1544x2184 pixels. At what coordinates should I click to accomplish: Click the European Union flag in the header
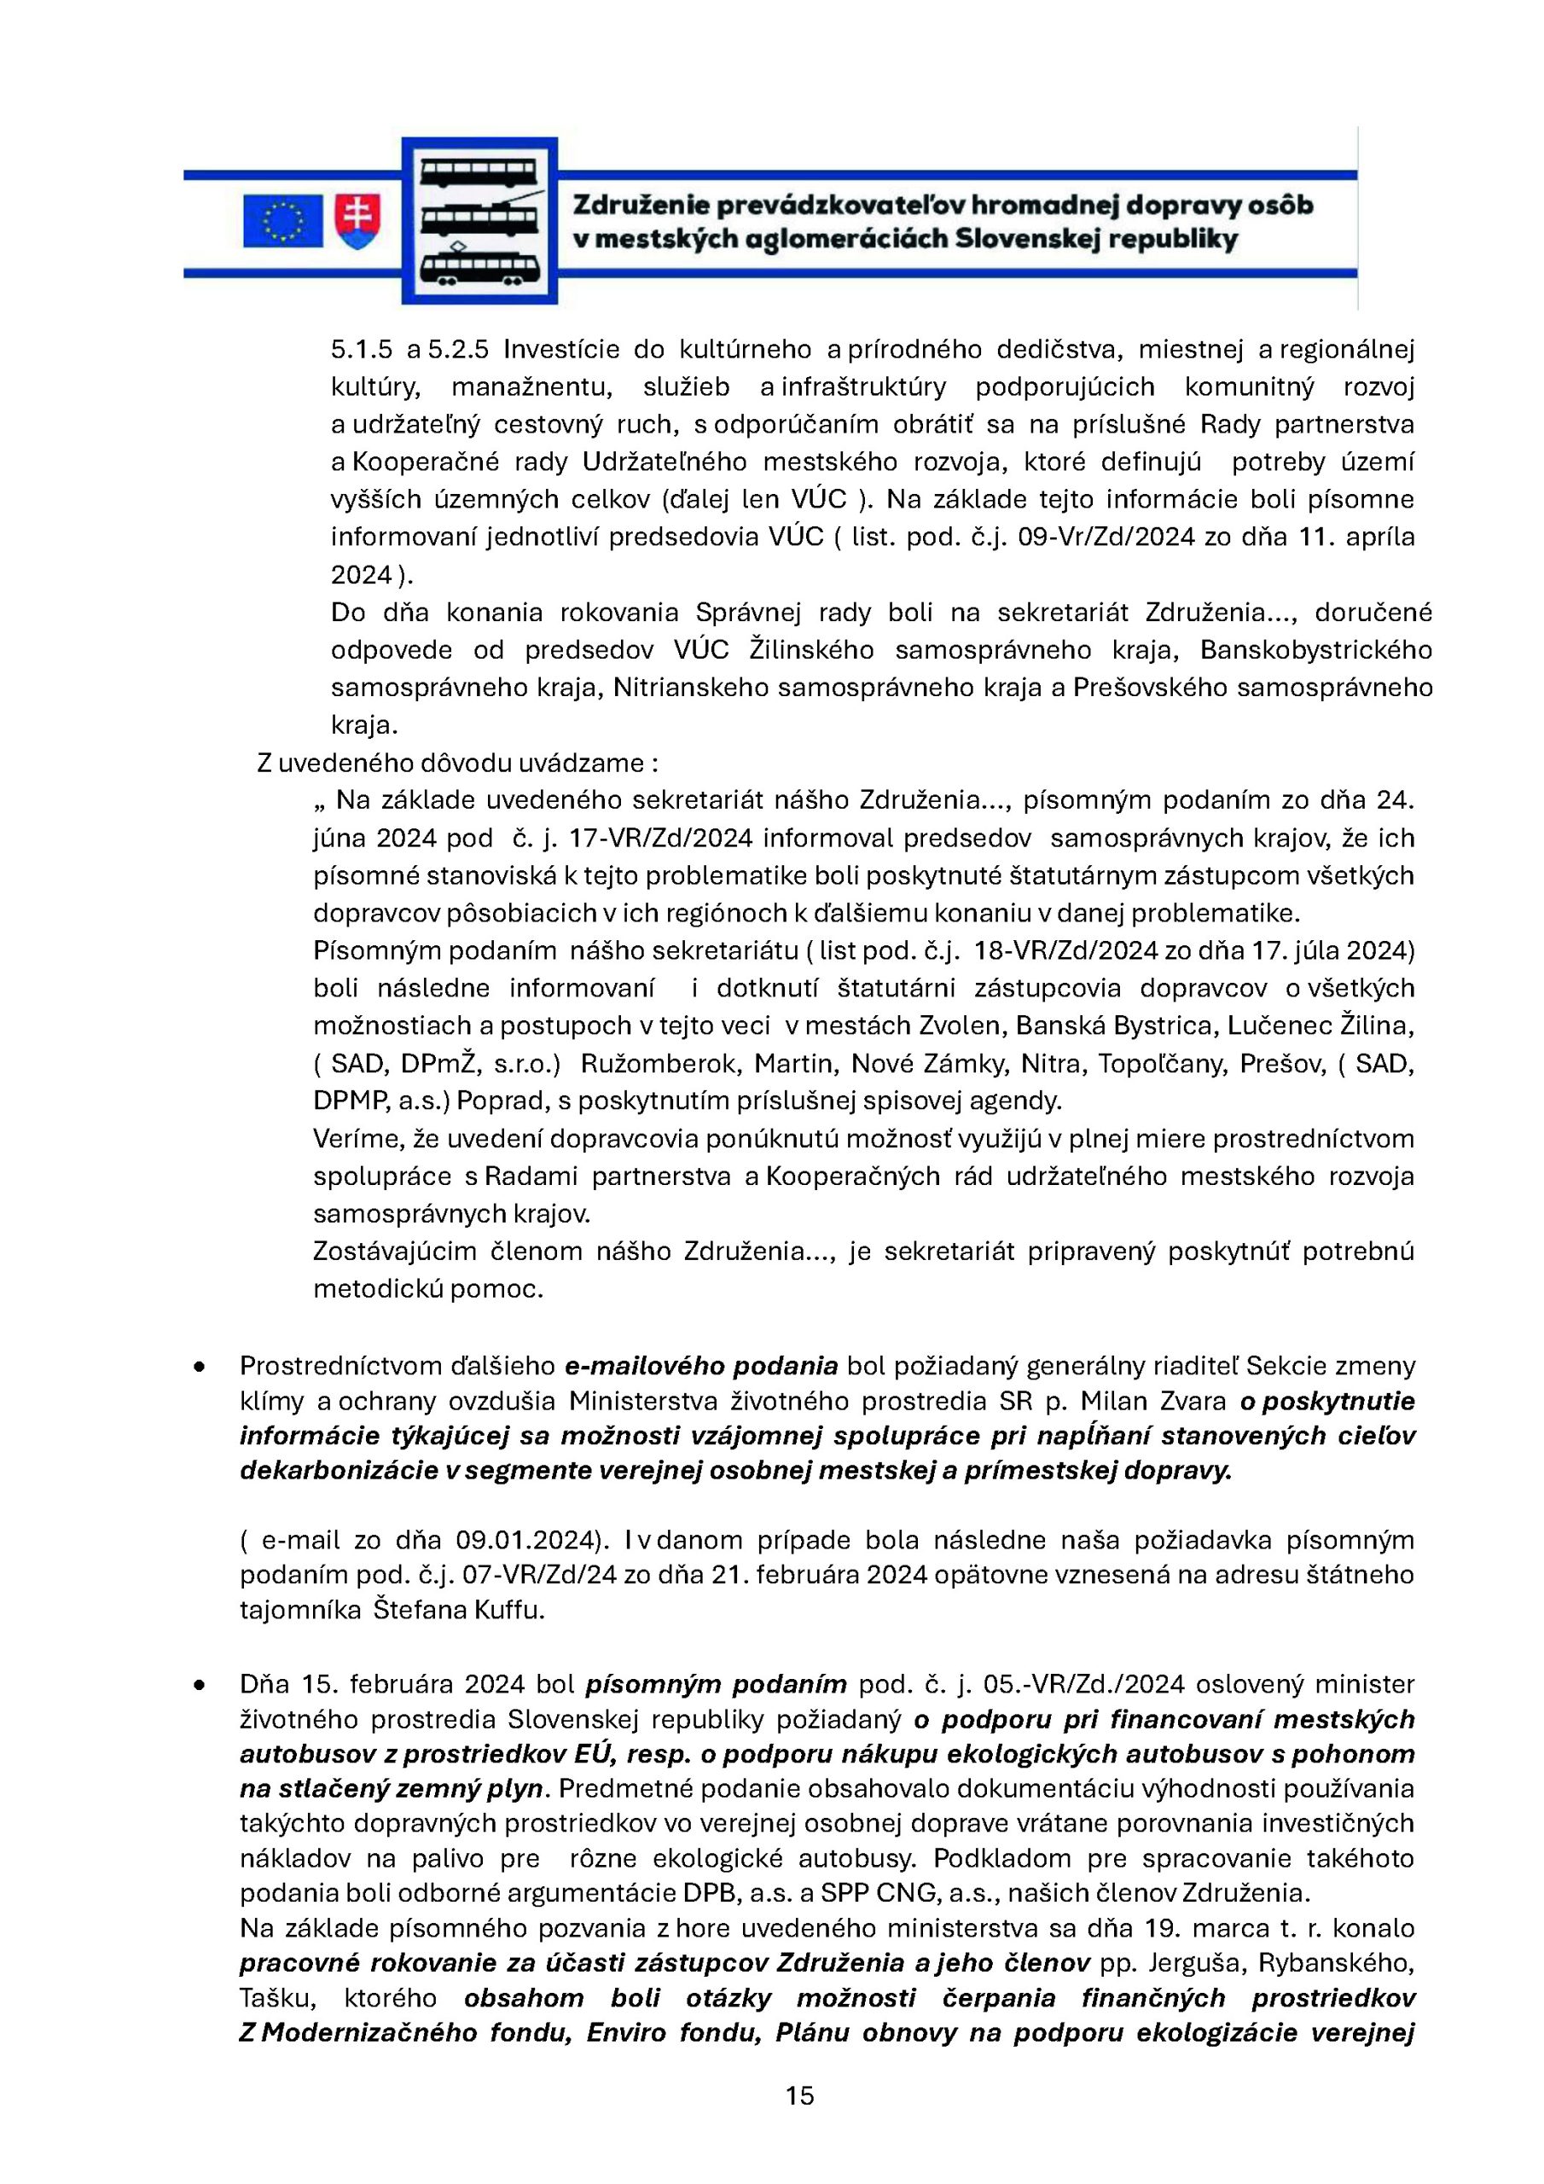(282, 221)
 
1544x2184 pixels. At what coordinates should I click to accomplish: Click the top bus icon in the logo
(479, 173)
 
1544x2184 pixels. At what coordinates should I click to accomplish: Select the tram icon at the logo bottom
(479, 267)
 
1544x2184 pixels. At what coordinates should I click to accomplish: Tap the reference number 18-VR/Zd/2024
(1072, 950)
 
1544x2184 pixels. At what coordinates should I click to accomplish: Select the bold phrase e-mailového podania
(701, 1366)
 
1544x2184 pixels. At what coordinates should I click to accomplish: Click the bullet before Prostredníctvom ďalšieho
(199, 1367)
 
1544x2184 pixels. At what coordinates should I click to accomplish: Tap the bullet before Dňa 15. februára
(199, 1685)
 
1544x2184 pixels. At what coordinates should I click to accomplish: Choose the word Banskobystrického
(1315, 650)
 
